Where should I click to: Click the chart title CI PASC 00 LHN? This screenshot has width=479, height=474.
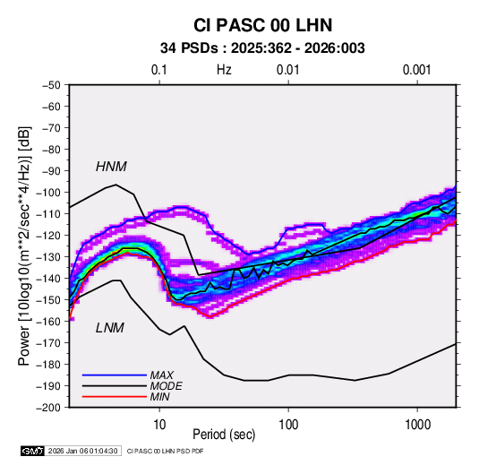[x=262, y=25]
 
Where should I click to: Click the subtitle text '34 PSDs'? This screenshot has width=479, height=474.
[x=190, y=48]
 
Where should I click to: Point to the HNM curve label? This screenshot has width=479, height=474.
[x=111, y=167]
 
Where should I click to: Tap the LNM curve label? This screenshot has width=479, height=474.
[x=110, y=328]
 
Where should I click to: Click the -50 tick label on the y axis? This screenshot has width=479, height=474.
[x=51, y=85]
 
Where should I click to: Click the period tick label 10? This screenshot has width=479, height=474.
[x=159, y=425]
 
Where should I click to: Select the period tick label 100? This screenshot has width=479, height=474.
[x=288, y=425]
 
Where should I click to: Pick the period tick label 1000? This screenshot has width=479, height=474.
[x=417, y=425]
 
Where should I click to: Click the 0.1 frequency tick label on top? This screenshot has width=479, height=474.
[x=159, y=70]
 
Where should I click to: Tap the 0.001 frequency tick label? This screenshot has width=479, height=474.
[x=417, y=70]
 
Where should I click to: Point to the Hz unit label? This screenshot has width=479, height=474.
[x=224, y=70]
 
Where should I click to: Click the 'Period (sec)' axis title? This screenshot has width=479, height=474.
[x=224, y=435]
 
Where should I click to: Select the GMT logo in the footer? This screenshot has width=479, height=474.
[x=33, y=451]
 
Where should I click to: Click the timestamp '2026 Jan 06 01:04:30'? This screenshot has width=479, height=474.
[x=82, y=451]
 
